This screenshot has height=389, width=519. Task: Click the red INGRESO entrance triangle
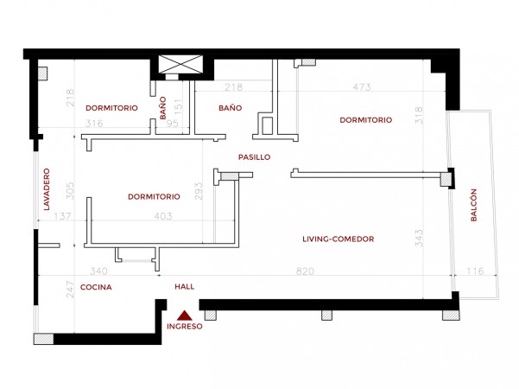point(184,316)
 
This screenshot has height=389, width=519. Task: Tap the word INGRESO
point(184,327)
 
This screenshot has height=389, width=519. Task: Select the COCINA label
point(96,287)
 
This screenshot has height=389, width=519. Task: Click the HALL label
point(184,287)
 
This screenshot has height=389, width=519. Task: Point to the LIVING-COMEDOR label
point(339,239)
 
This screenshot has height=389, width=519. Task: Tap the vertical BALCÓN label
point(473,205)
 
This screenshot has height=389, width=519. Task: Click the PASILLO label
point(254,157)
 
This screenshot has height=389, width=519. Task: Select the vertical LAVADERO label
point(47,189)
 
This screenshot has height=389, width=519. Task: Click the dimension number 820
point(305,271)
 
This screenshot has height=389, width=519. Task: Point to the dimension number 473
point(362,86)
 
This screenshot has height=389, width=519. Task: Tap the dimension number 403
point(163,216)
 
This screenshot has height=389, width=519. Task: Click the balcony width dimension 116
point(475,271)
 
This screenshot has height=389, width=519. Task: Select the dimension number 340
point(98,271)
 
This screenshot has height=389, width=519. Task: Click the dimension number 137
point(62,216)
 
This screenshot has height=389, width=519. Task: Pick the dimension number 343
point(419,238)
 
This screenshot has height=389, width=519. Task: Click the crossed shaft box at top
point(180,64)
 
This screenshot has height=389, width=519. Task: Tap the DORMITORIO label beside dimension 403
point(154,197)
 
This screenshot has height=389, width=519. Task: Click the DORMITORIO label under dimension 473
point(366,120)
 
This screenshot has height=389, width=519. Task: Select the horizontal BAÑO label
point(231,108)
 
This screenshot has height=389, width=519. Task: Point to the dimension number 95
point(173,124)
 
